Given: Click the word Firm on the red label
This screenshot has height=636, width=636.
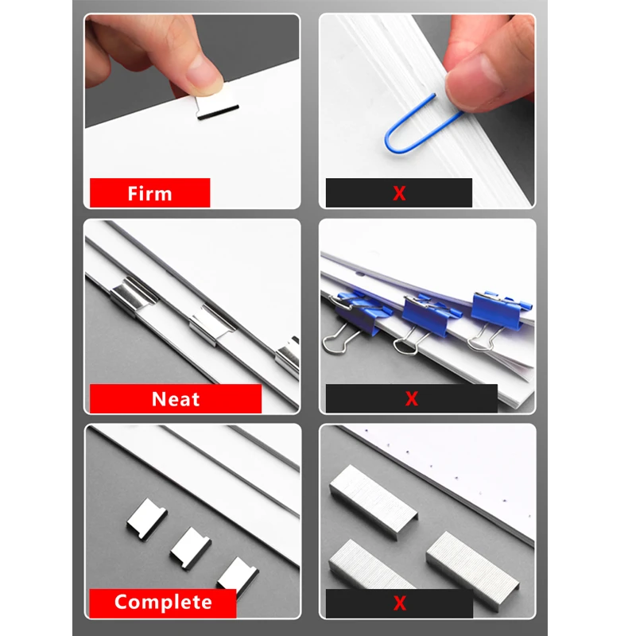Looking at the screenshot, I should (149, 193).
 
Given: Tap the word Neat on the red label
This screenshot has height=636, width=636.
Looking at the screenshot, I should (176, 398).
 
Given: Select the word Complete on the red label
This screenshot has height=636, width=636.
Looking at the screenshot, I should (163, 602).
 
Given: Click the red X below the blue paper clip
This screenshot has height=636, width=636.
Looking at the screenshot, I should (399, 193).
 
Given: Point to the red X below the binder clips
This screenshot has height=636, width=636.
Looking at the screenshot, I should (411, 399).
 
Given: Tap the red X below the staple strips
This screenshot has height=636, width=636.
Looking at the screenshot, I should (399, 603).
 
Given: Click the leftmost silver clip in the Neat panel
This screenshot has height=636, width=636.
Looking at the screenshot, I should (132, 295).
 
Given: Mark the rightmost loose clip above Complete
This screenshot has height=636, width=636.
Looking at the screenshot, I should (236, 573).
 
